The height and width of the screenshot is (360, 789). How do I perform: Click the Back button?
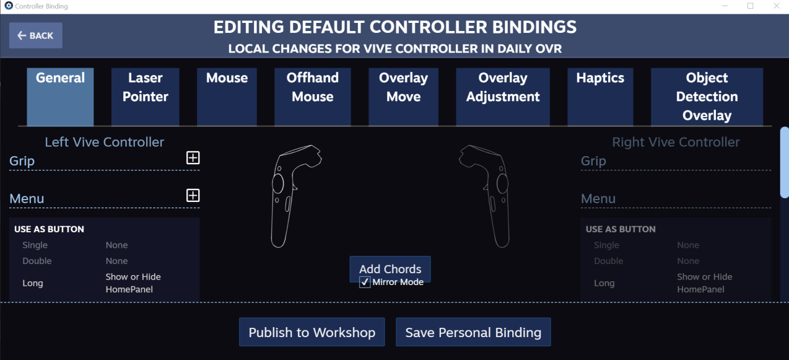tap(36, 35)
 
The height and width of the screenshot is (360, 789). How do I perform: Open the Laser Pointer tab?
tap(146, 97)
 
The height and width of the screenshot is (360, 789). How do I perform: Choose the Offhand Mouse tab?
tap(313, 97)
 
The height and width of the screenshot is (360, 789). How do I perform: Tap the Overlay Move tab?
tap(404, 97)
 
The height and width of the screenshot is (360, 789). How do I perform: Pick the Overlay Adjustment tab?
tap(503, 97)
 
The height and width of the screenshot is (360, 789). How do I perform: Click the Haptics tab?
tap(600, 97)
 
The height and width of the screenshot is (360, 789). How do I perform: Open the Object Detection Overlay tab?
tap(707, 97)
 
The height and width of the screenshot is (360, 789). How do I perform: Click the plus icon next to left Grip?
tap(193, 158)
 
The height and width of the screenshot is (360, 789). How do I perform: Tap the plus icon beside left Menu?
tap(193, 196)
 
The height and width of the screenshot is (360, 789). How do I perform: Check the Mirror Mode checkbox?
tap(365, 283)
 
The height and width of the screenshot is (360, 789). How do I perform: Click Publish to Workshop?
tap(312, 332)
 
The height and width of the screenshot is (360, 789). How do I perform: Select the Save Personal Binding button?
tap(473, 332)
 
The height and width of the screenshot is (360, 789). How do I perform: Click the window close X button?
tap(777, 6)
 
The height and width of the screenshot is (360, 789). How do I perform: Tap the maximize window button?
tap(751, 6)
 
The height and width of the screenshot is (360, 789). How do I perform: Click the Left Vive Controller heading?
tap(104, 142)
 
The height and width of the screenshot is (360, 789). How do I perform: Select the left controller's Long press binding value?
tap(133, 283)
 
